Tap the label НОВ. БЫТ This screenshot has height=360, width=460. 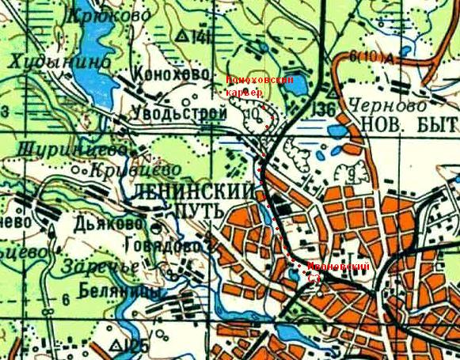pos(409,124)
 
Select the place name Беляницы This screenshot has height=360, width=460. pos(123,294)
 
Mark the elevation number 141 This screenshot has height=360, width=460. pos(202,37)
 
